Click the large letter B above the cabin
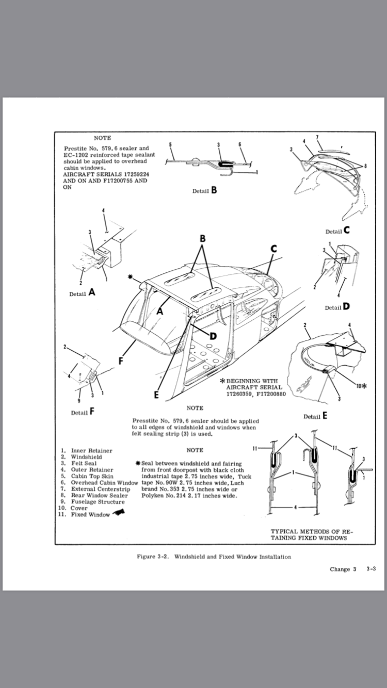click(x=203, y=239)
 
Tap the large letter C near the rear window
click(x=273, y=249)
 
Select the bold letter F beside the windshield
click(x=121, y=361)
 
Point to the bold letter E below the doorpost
click(x=156, y=395)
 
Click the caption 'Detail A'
click(x=83, y=292)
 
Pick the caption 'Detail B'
click(x=205, y=190)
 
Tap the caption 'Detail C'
click(x=337, y=231)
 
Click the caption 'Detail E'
click(x=315, y=416)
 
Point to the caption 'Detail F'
click(x=83, y=412)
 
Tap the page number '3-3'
click(x=370, y=569)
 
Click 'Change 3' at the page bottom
click(x=343, y=569)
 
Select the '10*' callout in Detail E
click(x=361, y=385)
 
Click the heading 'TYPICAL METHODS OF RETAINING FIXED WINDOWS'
click(x=309, y=534)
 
